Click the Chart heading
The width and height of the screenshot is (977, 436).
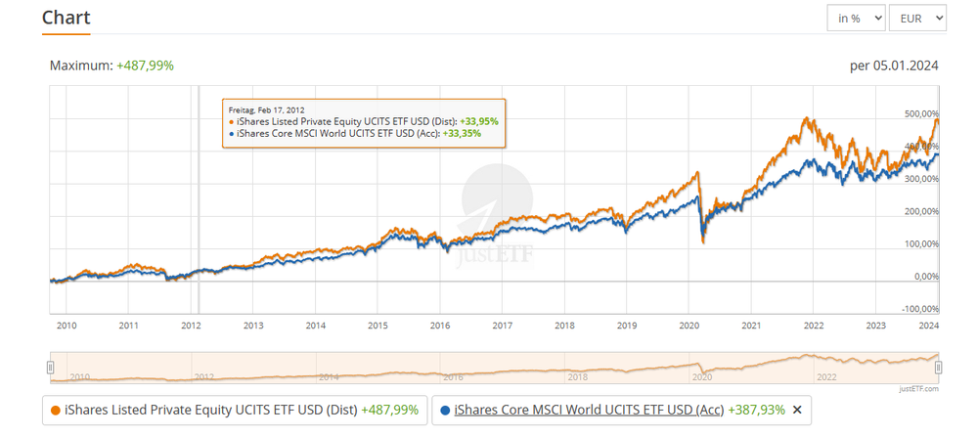66,18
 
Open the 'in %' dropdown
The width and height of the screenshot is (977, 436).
857,18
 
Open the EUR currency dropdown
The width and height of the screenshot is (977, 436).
922,18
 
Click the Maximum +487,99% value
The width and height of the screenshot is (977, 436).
145,65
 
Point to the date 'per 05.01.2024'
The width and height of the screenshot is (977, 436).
895,65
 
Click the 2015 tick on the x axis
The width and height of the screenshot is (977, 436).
377,325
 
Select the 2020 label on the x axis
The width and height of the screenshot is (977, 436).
689,325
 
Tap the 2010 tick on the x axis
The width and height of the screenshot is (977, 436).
67,325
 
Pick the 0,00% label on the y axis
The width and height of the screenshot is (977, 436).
923,277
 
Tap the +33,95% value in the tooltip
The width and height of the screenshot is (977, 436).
479,121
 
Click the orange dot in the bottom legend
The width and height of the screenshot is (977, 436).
55,410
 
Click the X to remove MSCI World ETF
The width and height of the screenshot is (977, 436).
797,410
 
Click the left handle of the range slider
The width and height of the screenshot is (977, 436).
50,367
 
